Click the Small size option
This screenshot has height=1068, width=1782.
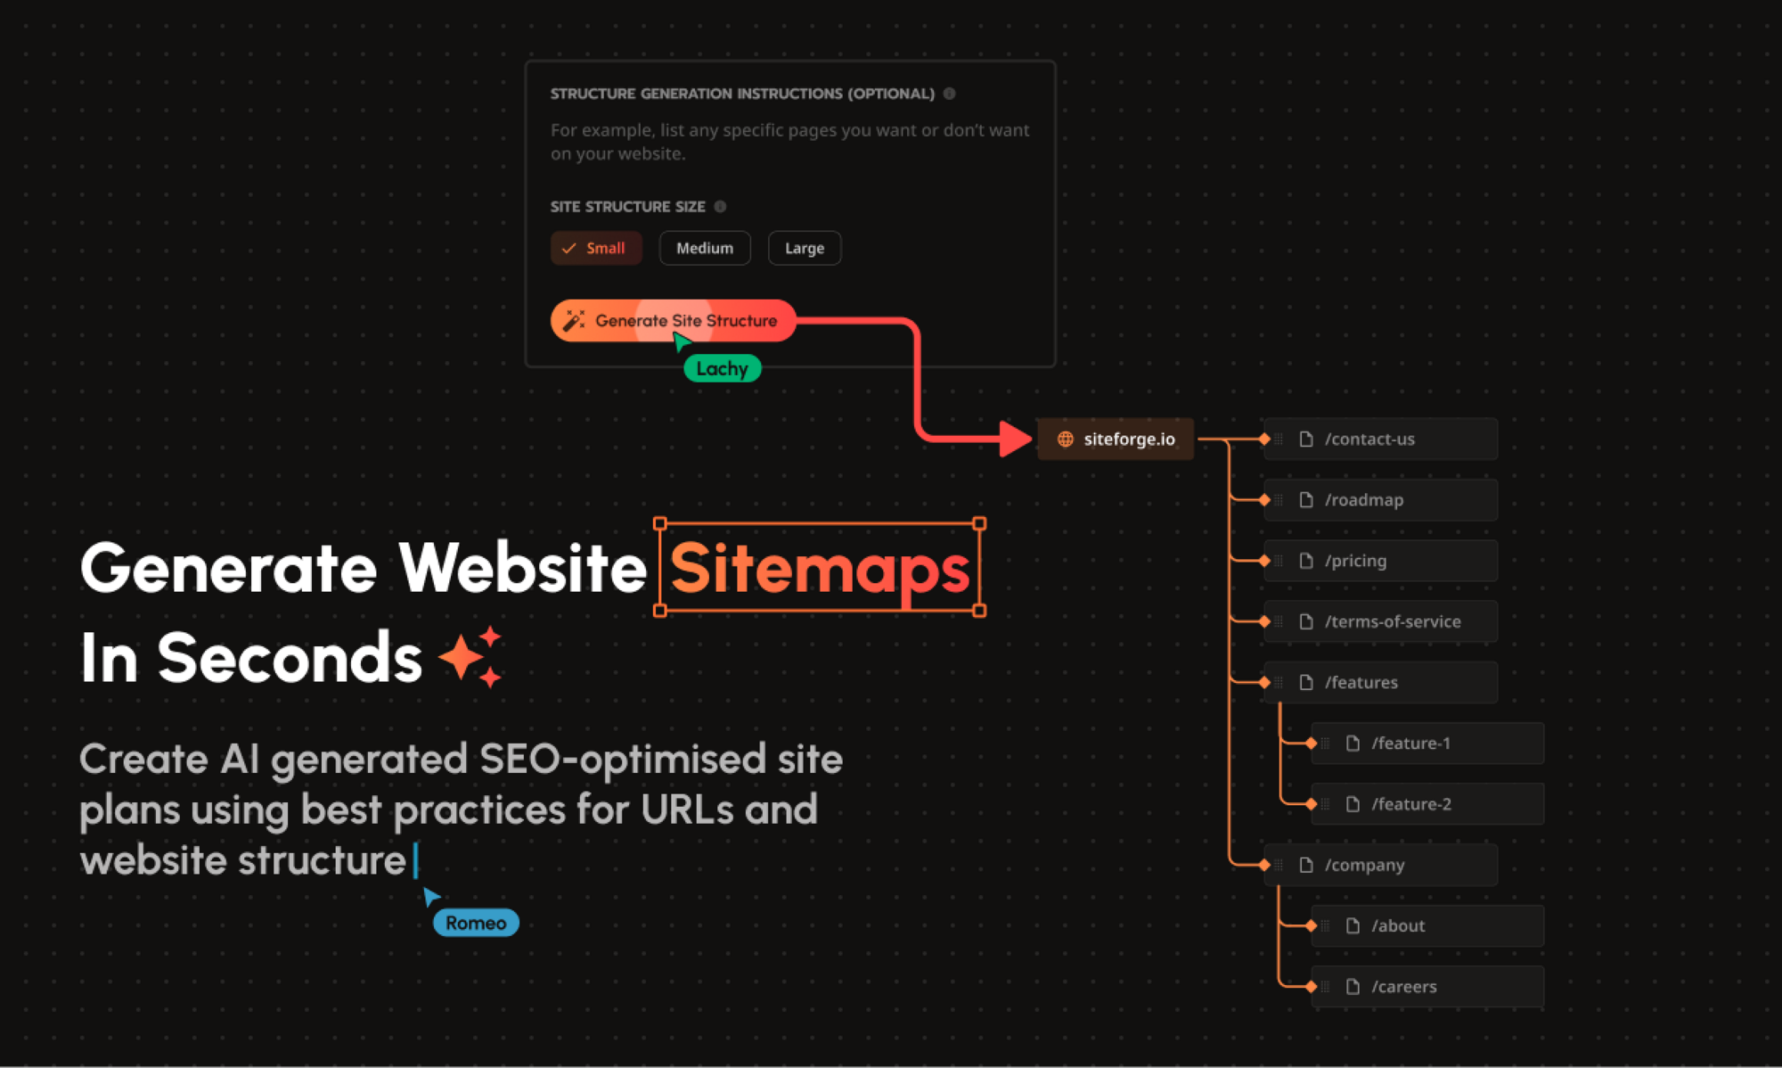point(595,248)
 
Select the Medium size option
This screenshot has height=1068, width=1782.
point(704,248)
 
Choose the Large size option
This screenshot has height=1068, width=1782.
point(804,248)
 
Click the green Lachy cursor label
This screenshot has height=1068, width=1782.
point(722,368)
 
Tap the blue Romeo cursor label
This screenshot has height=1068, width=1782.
point(476,923)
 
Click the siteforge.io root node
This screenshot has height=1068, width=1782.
point(1116,439)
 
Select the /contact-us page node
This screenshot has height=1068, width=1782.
point(1380,439)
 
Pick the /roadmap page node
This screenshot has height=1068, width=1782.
point(1380,500)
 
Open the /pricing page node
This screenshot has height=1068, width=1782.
point(1380,561)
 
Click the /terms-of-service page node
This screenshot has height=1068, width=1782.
point(1380,621)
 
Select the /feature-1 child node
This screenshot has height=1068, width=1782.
point(1426,743)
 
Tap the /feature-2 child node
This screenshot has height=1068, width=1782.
point(1426,804)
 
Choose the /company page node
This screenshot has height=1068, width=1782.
point(1380,865)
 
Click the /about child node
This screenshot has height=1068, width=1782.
point(1426,925)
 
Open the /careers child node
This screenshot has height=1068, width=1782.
point(1426,987)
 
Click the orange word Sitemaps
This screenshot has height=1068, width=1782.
point(820,569)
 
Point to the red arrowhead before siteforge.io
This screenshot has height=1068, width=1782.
point(1014,439)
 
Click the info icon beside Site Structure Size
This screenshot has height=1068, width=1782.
point(720,207)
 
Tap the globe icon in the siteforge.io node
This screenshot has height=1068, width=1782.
point(1065,439)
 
